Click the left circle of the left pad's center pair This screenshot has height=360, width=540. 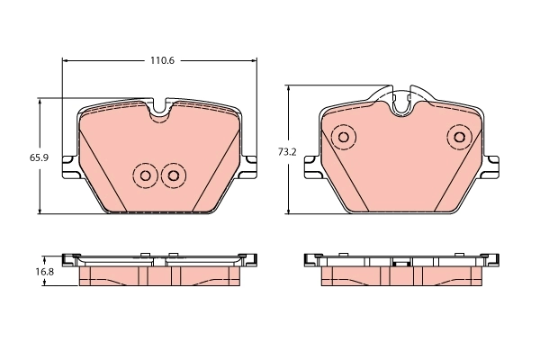point(143,175)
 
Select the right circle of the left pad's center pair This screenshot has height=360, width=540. point(173,175)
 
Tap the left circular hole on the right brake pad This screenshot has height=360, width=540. point(342,138)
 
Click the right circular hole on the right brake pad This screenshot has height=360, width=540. point(459,138)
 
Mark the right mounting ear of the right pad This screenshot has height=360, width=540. point(492,166)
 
